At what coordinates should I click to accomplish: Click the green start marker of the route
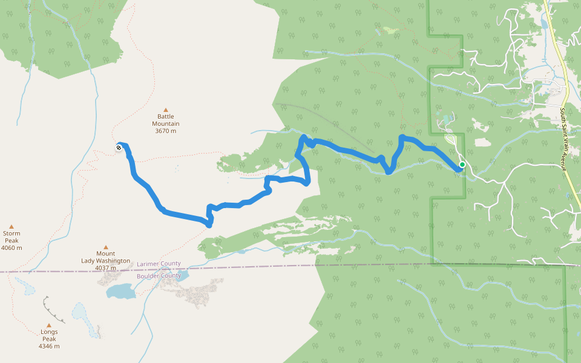[x=462, y=164]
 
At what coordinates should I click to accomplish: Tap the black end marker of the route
[x=119, y=147]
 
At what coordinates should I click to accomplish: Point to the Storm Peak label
[x=11, y=237]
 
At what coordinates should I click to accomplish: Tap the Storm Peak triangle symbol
[x=11, y=225]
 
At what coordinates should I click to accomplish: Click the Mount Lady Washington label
[x=105, y=257]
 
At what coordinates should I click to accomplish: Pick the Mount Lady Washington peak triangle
[x=105, y=246]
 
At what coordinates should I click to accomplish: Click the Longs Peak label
[x=49, y=335]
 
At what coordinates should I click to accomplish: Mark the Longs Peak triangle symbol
[x=49, y=324]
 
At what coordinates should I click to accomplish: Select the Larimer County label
[x=159, y=264]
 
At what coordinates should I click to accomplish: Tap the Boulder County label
[x=159, y=276]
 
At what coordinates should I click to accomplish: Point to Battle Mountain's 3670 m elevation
[x=166, y=131]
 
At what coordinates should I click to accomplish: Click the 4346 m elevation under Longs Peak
[x=49, y=347]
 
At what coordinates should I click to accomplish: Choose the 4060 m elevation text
[x=11, y=248]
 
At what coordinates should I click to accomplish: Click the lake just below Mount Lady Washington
[x=122, y=291]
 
